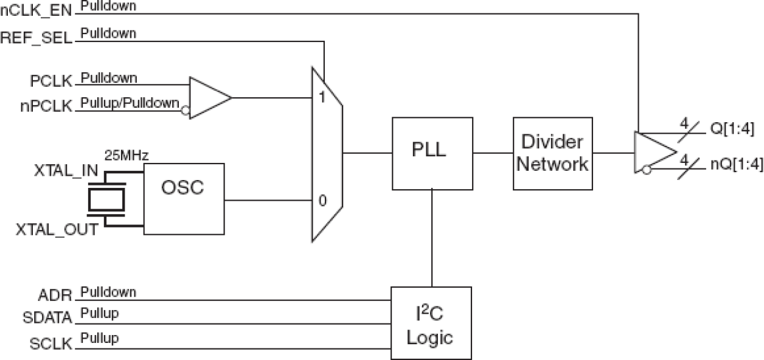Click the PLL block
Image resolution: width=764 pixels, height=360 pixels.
[x=432, y=153]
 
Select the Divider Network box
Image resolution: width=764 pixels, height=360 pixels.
[x=552, y=153]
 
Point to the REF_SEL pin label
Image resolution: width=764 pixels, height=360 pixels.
[x=36, y=38]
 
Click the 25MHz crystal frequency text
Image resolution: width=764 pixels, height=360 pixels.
[x=126, y=156]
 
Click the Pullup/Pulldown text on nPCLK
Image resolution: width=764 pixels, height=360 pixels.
[x=130, y=103]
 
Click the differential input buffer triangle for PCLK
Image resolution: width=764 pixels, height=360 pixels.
[x=208, y=97]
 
